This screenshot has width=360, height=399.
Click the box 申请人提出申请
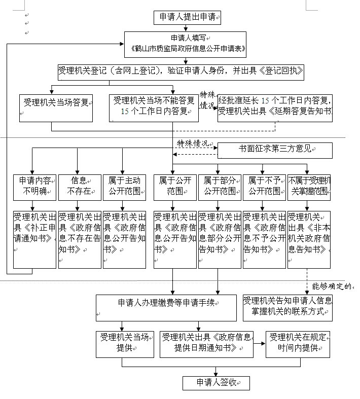tap(188, 17)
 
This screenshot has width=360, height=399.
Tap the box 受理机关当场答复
tap(56, 107)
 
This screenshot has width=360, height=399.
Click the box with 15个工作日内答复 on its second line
tap(154, 107)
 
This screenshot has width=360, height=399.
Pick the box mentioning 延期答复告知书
tap(275, 107)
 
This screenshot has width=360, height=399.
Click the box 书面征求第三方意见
tap(275, 150)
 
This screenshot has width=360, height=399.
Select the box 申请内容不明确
tap(33, 186)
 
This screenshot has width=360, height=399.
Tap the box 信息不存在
tap(79, 186)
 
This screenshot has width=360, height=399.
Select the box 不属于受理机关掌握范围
tap(309, 186)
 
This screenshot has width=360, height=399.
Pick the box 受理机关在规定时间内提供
tap(298, 343)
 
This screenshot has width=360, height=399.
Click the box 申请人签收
tap(216, 382)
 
